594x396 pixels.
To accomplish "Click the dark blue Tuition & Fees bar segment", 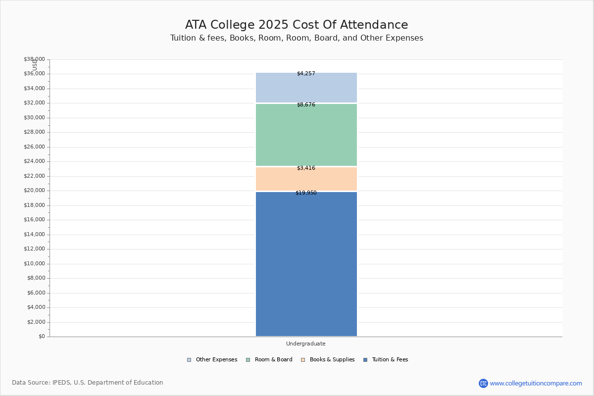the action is pyautogui.click(x=306, y=264).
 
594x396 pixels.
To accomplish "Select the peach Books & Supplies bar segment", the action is pyautogui.click(x=306, y=179).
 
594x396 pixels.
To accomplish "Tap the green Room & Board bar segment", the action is pyautogui.click(x=306, y=135).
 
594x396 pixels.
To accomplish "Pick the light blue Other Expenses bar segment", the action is pyautogui.click(x=306, y=88).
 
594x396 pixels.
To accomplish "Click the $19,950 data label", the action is pyautogui.click(x=306, y=193).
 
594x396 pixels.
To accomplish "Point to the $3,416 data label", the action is pyautogui.click(x=306, y=168).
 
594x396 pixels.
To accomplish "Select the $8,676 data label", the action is pyautogui.click(x=306, y=105).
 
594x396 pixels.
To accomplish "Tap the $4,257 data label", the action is pyautogui.click(x=306, y=73).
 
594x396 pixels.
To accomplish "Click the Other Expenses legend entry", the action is pyautogui.click(x=212, y=360).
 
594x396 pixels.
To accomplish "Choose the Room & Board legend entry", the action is pyautogui.click(x=269, y=360).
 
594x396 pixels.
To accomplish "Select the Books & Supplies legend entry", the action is pyautogui.click(x=328, y=360).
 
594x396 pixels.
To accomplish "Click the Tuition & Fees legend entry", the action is pyautogui.click(x=386, y=360).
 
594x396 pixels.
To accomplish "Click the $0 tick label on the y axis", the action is pyautogui.click(x=42, y=337).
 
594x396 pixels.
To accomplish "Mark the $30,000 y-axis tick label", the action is pyautogui.click(x=34, y=117).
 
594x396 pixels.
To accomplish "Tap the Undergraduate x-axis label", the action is pyautogui.click(x=306, y=344).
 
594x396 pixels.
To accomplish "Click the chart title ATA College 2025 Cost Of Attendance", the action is pyautogui.click(x=297, y=25).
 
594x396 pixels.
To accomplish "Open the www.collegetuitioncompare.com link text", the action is pyautogui.click(x=536, y=384).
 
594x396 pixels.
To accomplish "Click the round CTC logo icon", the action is pyautogui.click(x=483, y=383).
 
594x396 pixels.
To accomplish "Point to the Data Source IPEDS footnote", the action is pyautogui.click(x=88, y=383).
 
